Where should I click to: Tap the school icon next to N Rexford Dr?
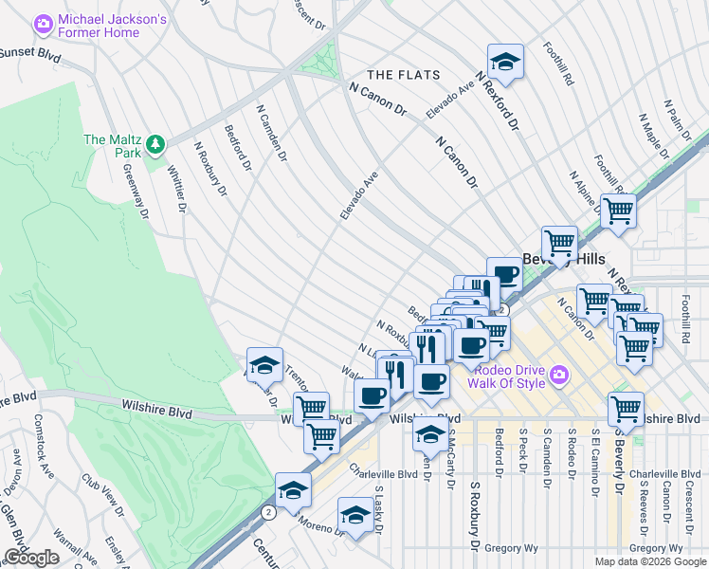tap(506, 61)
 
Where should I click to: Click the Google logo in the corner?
tap(33, 558)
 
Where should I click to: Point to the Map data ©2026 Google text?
tap(650, 561)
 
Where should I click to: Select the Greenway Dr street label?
tap(136, 194)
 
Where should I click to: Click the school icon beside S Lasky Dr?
tap(355, 515)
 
